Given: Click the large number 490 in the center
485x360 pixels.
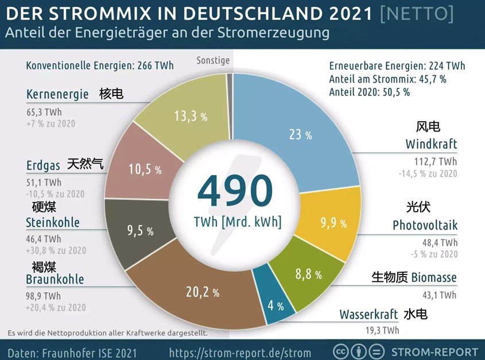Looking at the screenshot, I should [235, 192].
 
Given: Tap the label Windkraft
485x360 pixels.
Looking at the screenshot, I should [431, 144].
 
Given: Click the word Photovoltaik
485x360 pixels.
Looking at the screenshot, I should [425, 225].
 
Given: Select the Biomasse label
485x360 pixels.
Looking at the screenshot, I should [434, 278].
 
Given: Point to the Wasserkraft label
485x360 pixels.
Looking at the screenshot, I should [368, 315].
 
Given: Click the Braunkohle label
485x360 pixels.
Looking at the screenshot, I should [55, 280].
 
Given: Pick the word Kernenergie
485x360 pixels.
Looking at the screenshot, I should [57, 94].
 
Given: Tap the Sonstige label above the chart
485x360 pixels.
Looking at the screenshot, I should [213, 60].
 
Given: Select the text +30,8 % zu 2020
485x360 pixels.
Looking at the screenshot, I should [56, 250].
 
